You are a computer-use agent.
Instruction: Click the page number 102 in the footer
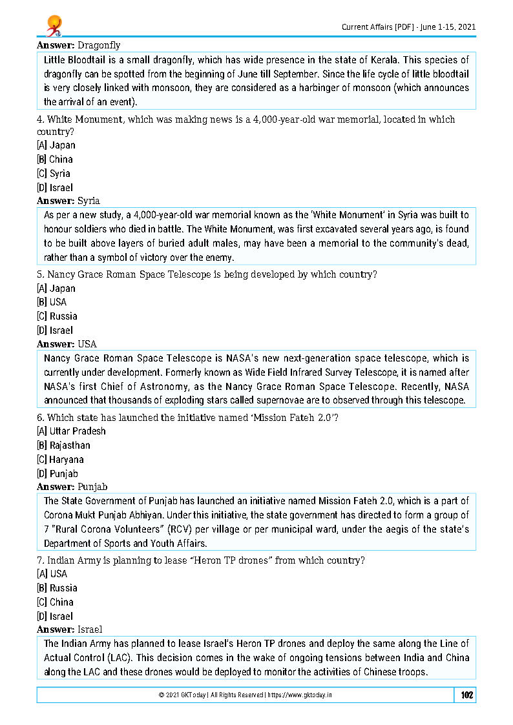pyautogui.click(x=466, y=695)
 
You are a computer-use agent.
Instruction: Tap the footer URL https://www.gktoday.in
pyautogui.click(x=300, y=695)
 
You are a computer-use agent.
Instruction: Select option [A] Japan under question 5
pyautogui.click(x=56, y=289)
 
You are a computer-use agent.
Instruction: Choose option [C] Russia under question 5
pyautogui.click(x=57, y=316)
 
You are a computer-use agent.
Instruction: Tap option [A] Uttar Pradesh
pyautogui.click(x=71, y=431)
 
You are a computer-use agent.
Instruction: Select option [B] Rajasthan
pyautogui.click(x=63, y=445)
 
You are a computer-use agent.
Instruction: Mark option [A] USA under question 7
pyautogui.click(x=52, y=573)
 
